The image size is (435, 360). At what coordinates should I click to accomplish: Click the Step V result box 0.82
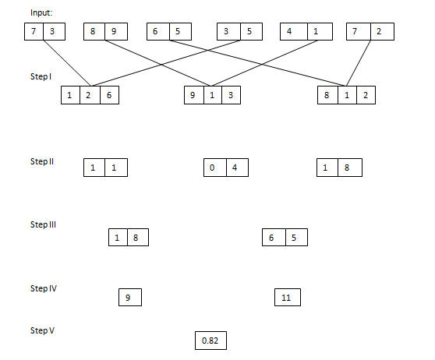(x=210, y=341)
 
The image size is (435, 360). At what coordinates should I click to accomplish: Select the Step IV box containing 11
(x=287, y=297)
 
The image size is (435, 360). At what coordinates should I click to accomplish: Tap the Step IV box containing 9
(x=129, y=297)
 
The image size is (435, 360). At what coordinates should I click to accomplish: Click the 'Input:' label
(x=42, y=12)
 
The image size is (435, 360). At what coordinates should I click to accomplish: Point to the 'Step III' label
(x=44, y=224)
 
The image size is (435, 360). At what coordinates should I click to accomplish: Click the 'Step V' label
(x=42, y=330)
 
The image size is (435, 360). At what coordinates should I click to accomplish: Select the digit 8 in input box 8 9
(x=94, y=32)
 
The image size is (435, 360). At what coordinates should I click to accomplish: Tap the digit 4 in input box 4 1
(x=290, y=32)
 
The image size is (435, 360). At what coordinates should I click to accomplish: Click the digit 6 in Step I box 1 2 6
(x=109, y=95)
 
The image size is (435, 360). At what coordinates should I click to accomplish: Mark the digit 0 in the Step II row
(x=212, y=168)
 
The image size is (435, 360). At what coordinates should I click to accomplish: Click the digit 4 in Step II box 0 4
(x=234, y=168)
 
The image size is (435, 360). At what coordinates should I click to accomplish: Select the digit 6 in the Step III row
(x=273, y=238)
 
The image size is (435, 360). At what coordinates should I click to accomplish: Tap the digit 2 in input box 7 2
(x=379, y=32)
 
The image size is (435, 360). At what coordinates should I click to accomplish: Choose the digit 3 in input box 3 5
(x=227, y=32)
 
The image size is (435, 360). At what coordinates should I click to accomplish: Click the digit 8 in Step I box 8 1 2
(x=326, y=95)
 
